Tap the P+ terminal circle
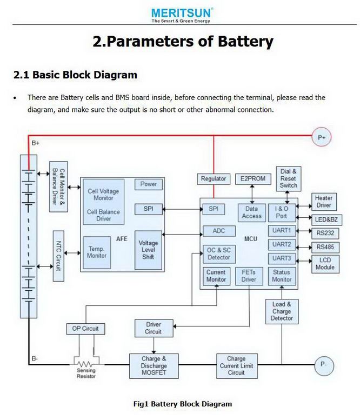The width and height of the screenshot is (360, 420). pyautogui.click(x=323, y=137)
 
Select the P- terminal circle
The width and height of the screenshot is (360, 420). pyautogui.click(x=323, y=364)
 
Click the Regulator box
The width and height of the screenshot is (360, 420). pyautogui.click(x=214, y=179)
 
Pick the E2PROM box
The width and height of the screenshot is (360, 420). pyautogui.click(x=251, y=179)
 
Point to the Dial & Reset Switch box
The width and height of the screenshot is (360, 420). pyautogui.click(x=288, y=178)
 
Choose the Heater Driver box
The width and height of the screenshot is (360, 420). pyautogui.click(x=324, y=202)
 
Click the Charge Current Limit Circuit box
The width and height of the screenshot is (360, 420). pyautogui.click(x=236, y=365)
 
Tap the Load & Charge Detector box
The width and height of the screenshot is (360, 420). pyautogui.click(x=282, y=311)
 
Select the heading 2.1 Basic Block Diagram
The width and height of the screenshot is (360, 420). pyautogui.click(x=75, y=75)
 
